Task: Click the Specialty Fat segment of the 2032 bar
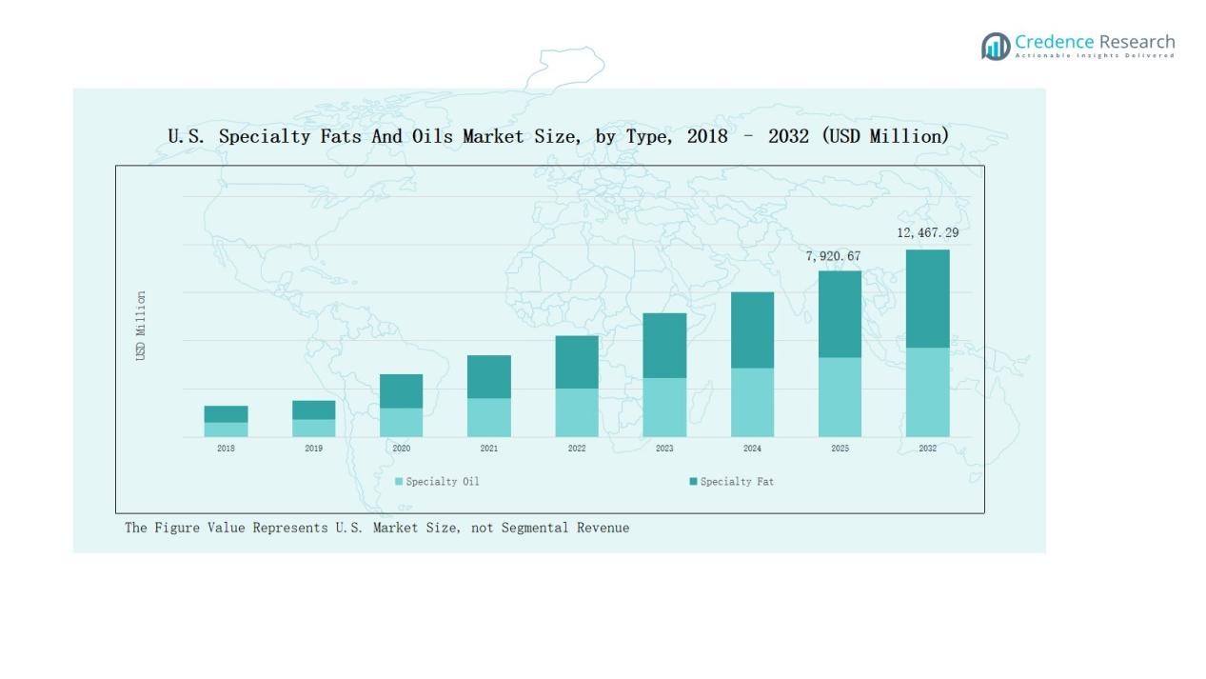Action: tap(927, 298)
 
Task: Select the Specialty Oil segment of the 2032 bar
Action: tap(927, 391)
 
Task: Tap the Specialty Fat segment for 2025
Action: tap(840, 314)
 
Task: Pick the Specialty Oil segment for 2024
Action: tap(752, 402)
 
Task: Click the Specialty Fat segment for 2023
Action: tap(664, 345)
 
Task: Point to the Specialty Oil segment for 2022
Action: tap(577, 412)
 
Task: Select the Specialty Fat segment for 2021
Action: tap(488, 376)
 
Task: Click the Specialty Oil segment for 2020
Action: tap(401, 422)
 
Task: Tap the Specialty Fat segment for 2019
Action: tap(313, 409)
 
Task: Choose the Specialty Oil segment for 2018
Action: tap(226, 429)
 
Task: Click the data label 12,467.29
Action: tap(927, 232)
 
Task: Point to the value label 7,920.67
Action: tap(833, 256)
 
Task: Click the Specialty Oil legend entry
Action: tap(437, 482)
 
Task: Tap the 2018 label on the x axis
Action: tap(226, 449)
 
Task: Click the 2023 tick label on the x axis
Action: tap(664, 449)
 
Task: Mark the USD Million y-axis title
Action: tap(141, 326)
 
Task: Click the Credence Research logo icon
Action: tap(996, 46)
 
